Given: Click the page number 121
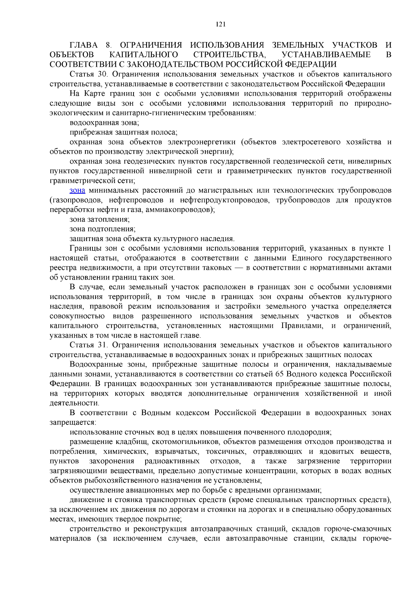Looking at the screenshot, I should [221, 24].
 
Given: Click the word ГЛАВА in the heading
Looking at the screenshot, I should [84, 45].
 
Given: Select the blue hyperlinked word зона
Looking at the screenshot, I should [77, 191].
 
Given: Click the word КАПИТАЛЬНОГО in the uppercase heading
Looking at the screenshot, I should [144, 55].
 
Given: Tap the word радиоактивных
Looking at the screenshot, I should [172, 461].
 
